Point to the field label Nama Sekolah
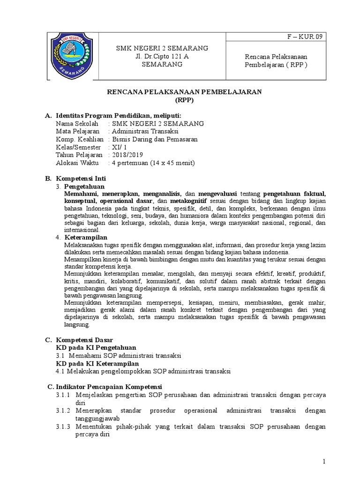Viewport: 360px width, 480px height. coord(77,123)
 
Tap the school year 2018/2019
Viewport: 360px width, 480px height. coord(126,155)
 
